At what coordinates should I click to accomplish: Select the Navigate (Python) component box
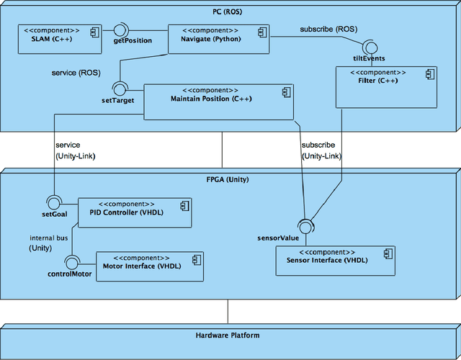(x=218, y=38)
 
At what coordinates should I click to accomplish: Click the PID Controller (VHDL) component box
(x=134, y=212)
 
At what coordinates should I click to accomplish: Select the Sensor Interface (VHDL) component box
(x=336, y=260)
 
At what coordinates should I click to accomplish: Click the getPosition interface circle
(x=120, y=30)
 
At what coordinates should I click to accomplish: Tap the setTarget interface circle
(x=120, y=88)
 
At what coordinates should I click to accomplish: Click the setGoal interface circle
(x=51, y=202)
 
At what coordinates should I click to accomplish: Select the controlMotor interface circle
(x=70, y=261)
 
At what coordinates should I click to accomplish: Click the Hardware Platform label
(x=227, y=336)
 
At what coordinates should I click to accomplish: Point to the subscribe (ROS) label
(x=328, y=30)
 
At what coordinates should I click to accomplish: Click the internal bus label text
(x=49, y=238)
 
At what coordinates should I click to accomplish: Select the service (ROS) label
(x=76, y=73)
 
